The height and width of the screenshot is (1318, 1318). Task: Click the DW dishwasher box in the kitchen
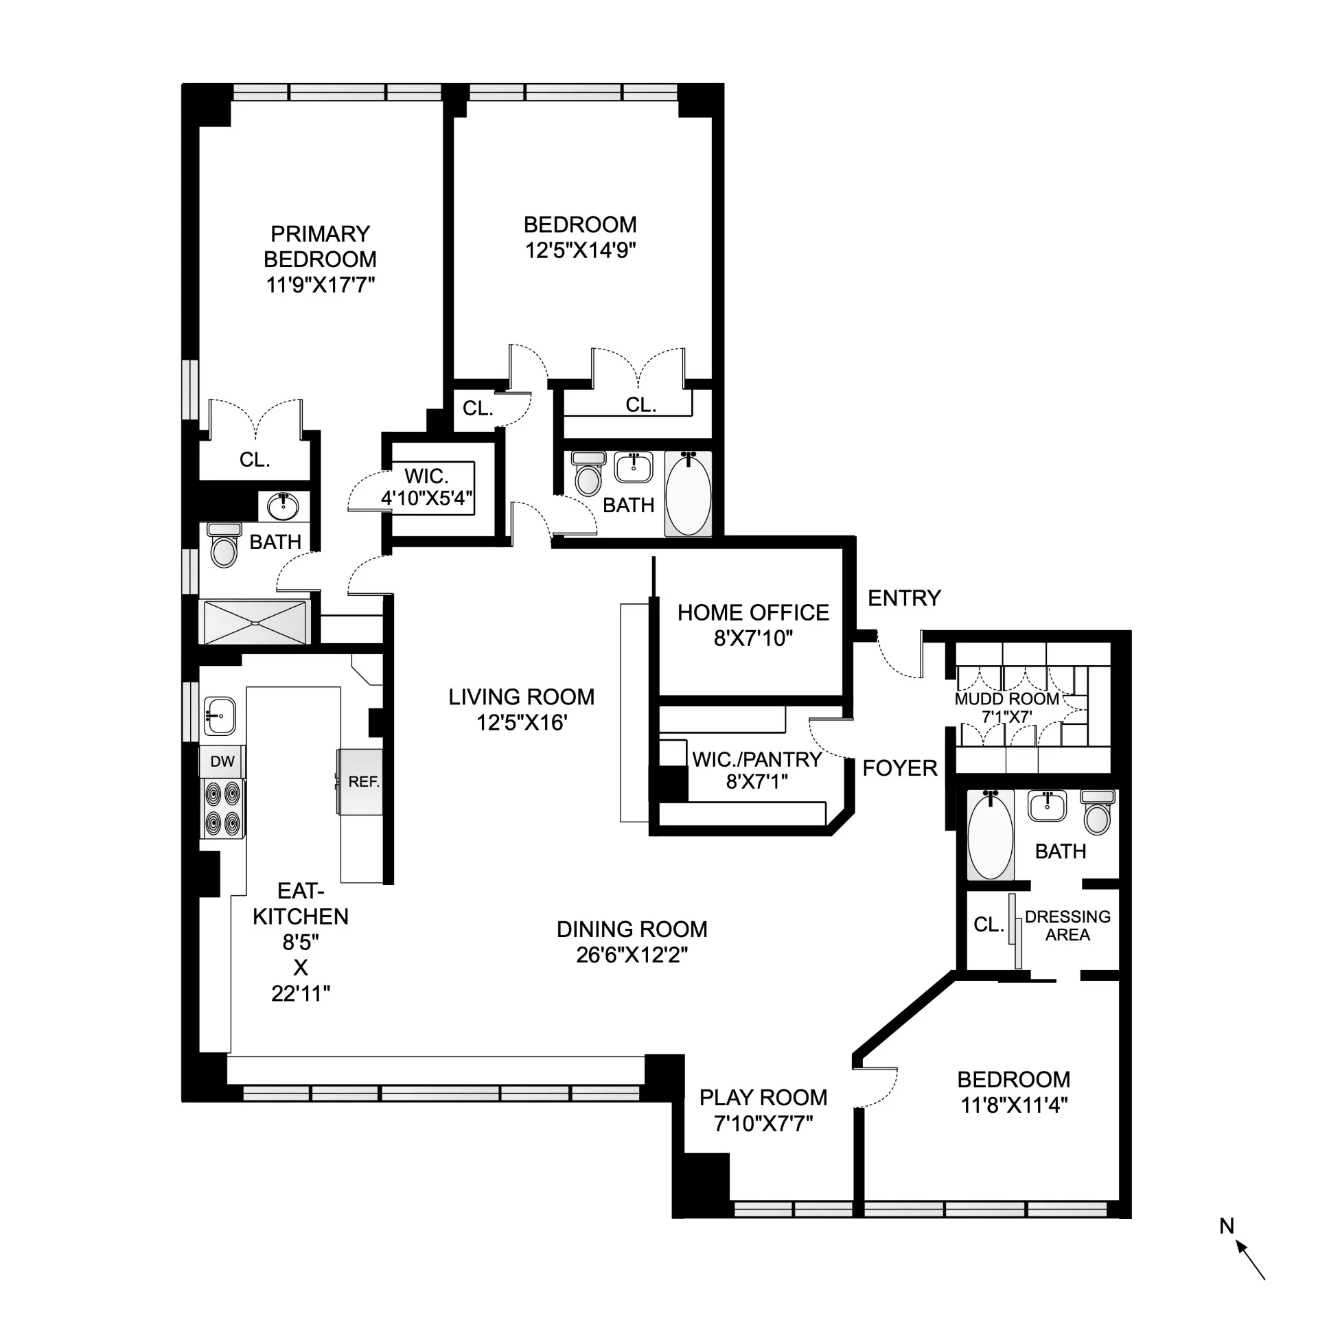tap(222, 761)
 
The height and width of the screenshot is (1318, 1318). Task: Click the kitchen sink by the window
tap(220, 716)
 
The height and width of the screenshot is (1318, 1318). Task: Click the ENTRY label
tap(903, 598)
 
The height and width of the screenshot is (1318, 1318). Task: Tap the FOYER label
tap(899, 768)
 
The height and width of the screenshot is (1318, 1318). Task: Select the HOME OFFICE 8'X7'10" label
tap(753, 625)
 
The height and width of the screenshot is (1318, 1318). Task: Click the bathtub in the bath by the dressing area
tap(990, 835)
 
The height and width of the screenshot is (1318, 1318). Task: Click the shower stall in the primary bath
tap(254, 622)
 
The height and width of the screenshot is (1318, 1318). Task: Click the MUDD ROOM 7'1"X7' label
tap(1006, 707)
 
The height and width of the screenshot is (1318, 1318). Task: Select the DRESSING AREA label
tap(1067, 925)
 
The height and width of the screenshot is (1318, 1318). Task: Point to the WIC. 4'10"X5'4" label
tap(426, 487)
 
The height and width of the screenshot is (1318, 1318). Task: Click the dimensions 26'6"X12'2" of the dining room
tap(632, 955)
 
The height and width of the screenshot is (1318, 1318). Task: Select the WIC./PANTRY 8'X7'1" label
tap(756, 770)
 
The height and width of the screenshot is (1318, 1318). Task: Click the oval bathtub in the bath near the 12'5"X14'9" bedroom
tap(688, 493)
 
